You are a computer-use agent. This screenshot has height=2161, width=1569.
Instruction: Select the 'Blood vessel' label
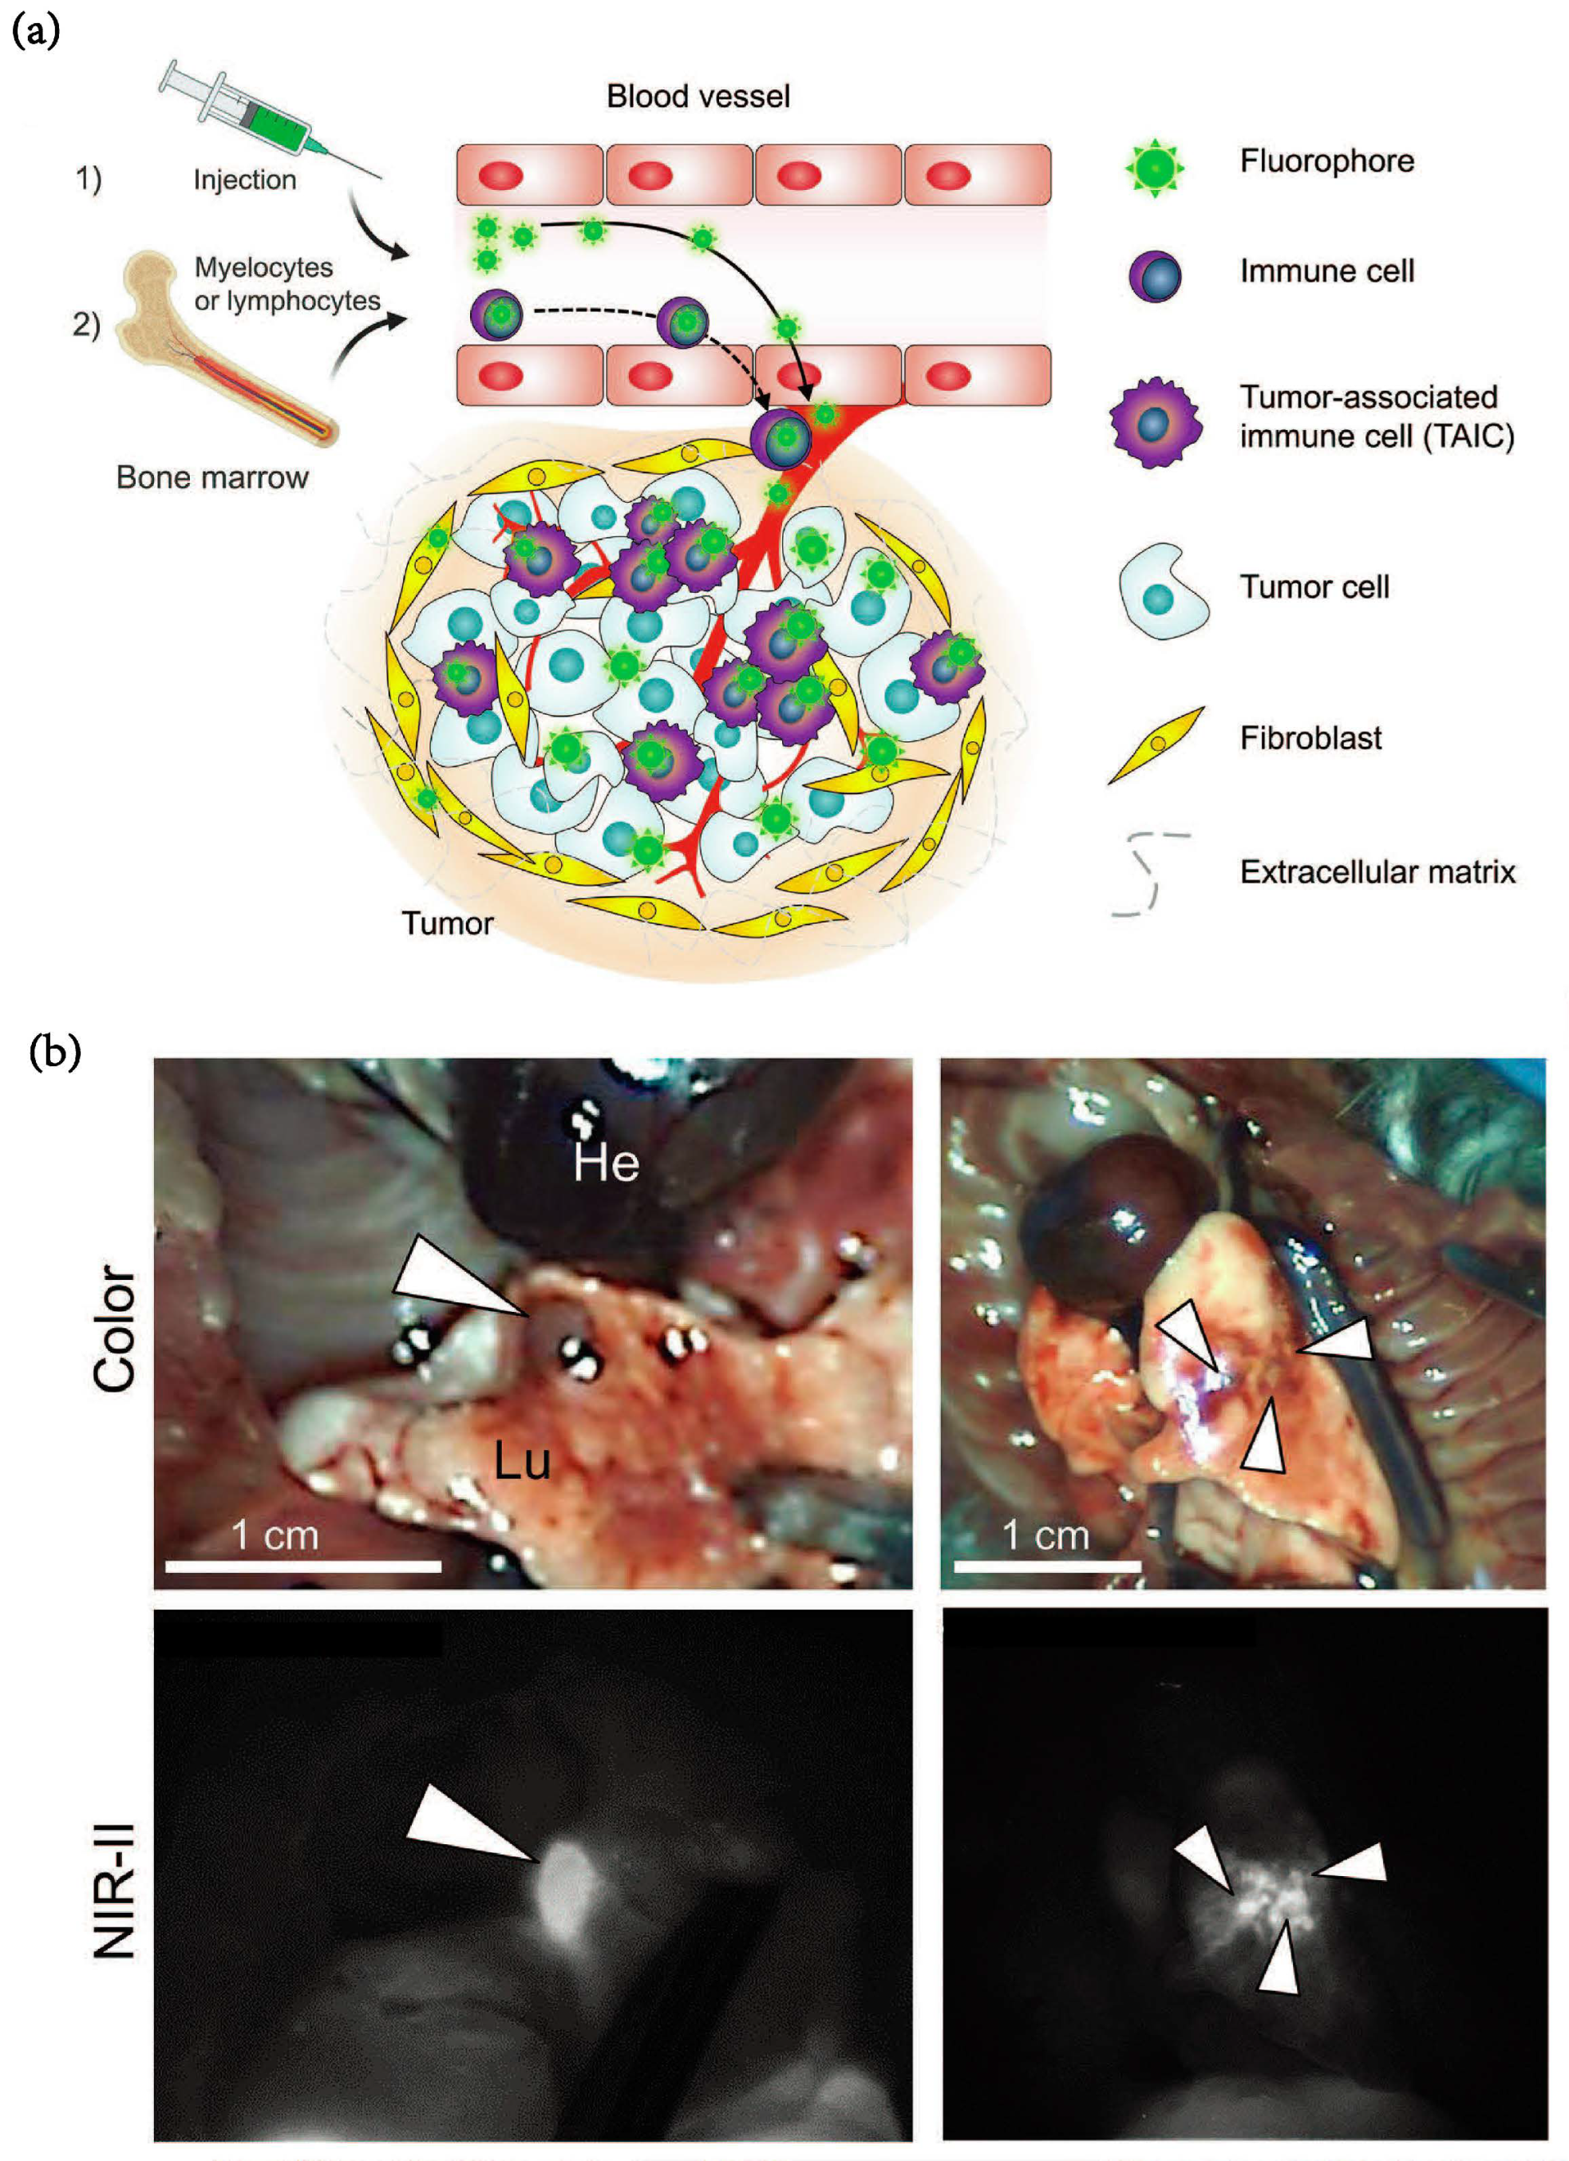(x=698, y=97)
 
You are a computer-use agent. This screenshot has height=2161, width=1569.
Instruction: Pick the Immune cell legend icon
(x=1155, y=276)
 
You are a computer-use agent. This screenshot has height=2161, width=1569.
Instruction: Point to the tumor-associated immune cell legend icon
(x=1154, y=422)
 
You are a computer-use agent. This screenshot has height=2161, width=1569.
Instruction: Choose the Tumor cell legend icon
(x=1161, y=593)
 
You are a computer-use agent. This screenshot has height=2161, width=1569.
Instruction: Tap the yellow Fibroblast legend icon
(x=1156, y=745)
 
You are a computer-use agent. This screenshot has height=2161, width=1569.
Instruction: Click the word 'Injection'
(x=245, y=180)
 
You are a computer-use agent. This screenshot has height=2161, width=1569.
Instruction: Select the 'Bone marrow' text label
(x=211, y=477)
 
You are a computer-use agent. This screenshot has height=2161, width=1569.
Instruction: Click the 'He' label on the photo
(x=606, y=1163)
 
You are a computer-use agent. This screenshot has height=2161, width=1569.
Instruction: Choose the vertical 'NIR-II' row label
(x=115, y=1890)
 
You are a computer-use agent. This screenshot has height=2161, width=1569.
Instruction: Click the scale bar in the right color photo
(x=1046, y=1565)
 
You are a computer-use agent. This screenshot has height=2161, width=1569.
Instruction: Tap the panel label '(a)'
(x=35, y=33)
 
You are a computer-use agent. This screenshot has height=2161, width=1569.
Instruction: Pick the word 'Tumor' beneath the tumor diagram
(x=447, y=923)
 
